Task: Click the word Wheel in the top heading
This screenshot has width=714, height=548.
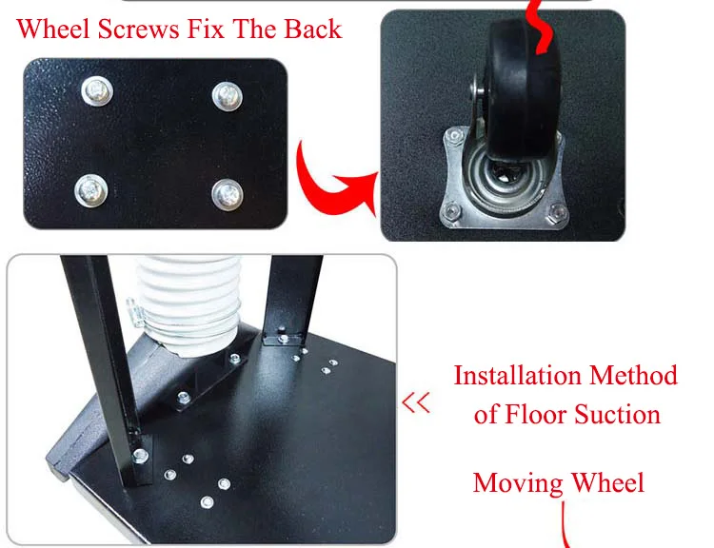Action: point(52,29)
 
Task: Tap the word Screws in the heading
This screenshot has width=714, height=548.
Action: point(138,29)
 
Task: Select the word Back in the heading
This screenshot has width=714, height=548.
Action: point(313,29)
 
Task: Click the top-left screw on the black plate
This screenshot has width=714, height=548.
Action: point(97,91)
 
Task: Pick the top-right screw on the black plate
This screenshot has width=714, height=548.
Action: point(228,96)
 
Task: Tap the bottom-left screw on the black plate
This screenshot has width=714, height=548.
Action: point(91,190)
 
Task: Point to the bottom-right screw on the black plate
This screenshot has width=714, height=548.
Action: point(228,195)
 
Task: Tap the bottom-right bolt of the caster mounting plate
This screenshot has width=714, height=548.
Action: point(557,212)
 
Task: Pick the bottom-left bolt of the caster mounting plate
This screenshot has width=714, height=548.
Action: point(451,211)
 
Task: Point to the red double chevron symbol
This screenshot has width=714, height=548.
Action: point(416,402)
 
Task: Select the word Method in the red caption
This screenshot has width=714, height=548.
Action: point(633,376)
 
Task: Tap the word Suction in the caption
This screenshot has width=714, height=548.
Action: point(617,415)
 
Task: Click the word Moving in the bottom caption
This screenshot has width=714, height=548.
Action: point(518,484)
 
